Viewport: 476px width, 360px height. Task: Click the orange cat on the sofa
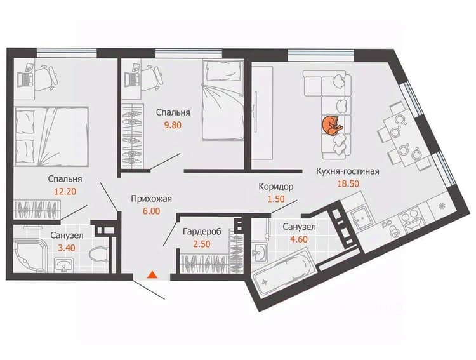point(332,125)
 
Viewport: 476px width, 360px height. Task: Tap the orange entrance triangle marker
point(152,275)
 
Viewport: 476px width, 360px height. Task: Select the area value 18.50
point(348,183)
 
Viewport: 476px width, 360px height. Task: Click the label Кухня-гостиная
point(348,171)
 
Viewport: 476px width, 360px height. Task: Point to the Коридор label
point(276,187)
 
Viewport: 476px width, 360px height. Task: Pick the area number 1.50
point(276,199)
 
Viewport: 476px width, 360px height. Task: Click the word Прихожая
point(152,199)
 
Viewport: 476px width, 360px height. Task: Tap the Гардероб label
point(202,232)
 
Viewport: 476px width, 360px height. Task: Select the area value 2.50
point(202,244)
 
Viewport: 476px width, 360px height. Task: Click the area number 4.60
point(299,239)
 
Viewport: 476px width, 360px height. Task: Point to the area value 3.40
point(67,248)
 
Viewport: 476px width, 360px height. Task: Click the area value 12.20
point(65,191)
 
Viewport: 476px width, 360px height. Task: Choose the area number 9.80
point(173,125)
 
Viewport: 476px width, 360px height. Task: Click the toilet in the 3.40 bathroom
point(98,255)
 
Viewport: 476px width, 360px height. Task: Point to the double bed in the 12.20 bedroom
point(51,137)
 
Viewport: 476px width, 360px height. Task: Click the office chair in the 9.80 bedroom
point(152,77)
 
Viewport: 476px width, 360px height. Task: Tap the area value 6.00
point(152,211)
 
